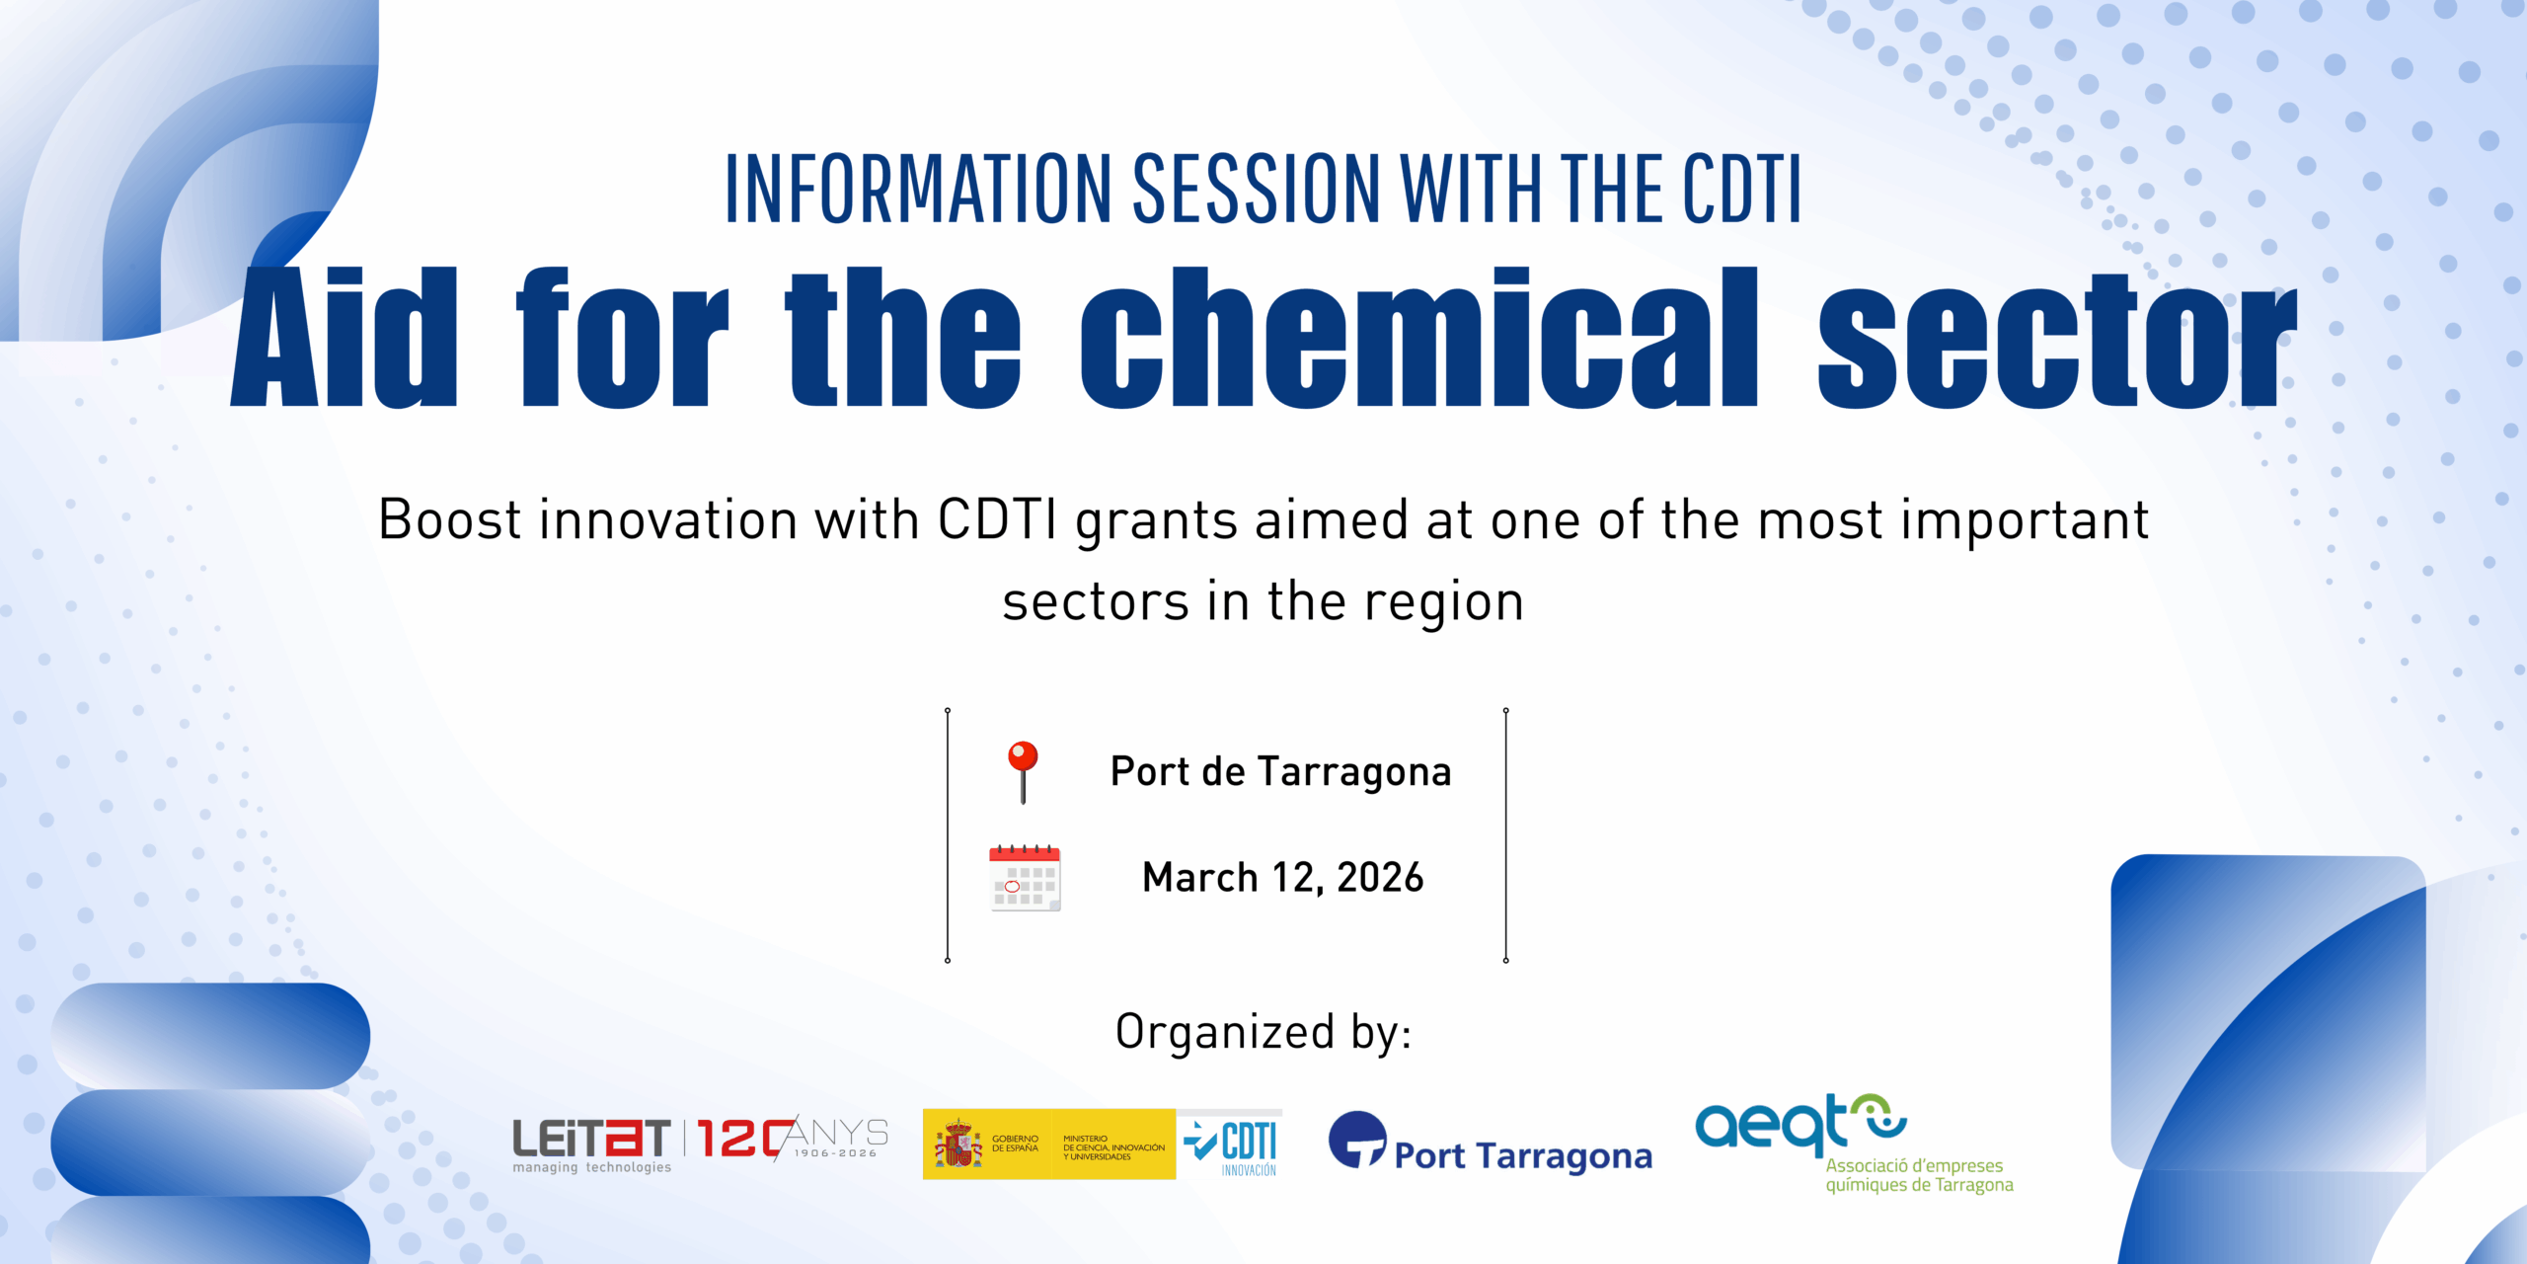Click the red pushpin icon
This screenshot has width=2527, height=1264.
(x=1023, y=771)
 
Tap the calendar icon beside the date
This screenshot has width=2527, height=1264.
(x=1025, y=878)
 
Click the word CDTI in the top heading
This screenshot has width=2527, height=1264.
(x=1741, y=189)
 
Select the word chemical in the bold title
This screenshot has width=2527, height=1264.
(x=1419, y=337)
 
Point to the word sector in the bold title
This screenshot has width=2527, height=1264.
(x=2058, y=341)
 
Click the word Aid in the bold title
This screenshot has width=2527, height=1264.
(x=344, y=337)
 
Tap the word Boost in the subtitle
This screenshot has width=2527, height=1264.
(x=449, y=519)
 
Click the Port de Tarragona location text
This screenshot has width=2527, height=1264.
(x=1280, y=772)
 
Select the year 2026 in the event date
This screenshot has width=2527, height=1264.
(x=1380, y=878)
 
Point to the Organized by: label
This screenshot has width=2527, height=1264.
(x=1263, y=1033)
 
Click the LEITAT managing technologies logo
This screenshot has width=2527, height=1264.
(x=591, y=1145)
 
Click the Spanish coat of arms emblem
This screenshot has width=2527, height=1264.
(x=958, y=1145)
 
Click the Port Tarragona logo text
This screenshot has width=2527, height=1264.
(x=1523, y=1155)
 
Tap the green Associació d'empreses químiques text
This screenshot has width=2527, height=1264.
(x=1919, y=1175)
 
